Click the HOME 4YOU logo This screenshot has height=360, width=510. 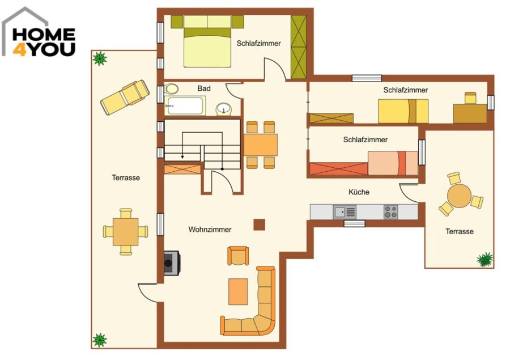tap(39, 32)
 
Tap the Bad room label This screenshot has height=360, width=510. tap(204, 88)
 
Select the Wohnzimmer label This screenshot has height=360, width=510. tap(210, 230)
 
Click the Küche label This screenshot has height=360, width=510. tap(359, 192)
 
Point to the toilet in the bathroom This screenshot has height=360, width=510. tap(171, 88)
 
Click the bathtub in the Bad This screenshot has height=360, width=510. tap(185, 105)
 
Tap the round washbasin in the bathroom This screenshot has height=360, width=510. tap(224, 108)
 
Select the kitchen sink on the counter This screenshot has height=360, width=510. tap(345, 212)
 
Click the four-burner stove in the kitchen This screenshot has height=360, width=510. tap(390, 212)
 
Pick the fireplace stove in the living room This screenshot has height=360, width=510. tap(172, 263)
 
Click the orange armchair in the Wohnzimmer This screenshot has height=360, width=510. tap(239, 256)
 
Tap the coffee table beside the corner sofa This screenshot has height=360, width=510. tap(238, 291)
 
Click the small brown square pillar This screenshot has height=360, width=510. tap(259, 225)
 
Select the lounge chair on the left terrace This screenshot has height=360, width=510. tap(125, 97)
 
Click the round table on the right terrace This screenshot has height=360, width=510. tap(459, 196)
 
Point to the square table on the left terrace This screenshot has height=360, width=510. tap(126, 232)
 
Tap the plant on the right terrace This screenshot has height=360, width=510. tap(484, 260)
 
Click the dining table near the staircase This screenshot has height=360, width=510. tap(261, 145)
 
